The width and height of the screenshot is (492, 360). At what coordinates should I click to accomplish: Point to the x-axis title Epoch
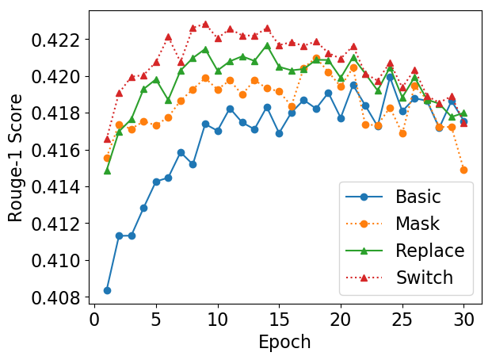coord(284,343)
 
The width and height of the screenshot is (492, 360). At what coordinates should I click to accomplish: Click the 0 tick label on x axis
coord(94,320)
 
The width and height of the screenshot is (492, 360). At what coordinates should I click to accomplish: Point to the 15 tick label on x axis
coord(279,320)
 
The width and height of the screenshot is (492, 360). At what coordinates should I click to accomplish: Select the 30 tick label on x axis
coord(463,320)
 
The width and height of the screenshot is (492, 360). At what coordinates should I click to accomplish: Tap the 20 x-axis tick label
coord(341,320)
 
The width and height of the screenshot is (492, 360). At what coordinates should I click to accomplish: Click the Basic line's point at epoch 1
coord(107,290)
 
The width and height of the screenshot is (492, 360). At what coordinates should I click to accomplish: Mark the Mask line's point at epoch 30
coord(463,170)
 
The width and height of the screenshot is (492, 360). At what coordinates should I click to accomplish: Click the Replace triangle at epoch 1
coord(107,170)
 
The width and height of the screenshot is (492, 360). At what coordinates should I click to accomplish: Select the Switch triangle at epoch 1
coord(107,139)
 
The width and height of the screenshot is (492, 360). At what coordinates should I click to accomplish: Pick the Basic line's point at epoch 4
coord(143,208)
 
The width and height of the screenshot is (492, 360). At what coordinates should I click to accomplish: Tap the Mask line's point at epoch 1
coord(107,158)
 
